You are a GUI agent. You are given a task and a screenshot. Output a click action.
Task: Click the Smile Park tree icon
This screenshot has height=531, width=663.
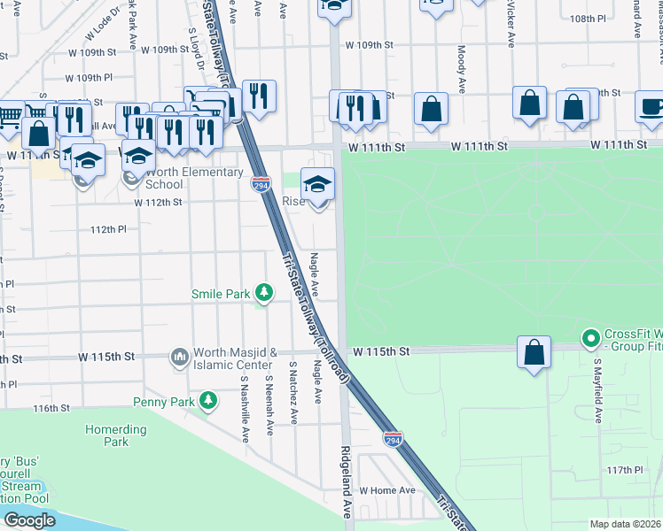(263, 291)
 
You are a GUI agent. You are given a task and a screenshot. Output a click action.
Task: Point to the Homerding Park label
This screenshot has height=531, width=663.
(115, 435)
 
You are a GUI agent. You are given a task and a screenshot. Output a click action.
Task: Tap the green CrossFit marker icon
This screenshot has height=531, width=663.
(590, 338)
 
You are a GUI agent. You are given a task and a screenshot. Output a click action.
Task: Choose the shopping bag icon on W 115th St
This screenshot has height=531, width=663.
(534, 351)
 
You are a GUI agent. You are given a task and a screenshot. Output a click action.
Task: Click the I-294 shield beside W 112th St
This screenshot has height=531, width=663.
(261, 185)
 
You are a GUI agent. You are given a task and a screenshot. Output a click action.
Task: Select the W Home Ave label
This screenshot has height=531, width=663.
(386, 489)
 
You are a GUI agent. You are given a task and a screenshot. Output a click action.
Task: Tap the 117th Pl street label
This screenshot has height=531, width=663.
(624, 470)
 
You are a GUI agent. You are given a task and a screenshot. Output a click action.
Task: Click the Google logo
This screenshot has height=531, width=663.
(29, 519)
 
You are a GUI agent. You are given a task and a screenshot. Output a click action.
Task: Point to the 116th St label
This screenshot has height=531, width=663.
(51, 408)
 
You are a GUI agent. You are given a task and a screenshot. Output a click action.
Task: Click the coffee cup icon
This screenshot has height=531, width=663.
(651, 106)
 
